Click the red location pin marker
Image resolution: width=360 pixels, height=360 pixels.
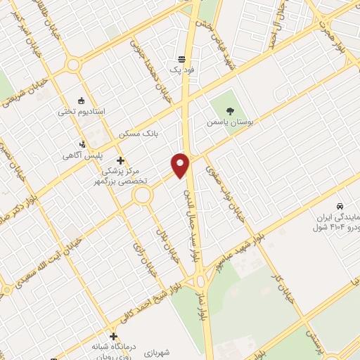pos(181,165)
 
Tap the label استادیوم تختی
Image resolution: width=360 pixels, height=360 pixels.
pos(83,111)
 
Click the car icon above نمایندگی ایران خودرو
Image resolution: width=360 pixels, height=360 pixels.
pos(340,207)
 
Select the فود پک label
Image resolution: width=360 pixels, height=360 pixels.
pos(181,70)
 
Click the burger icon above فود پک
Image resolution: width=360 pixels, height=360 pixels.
pos(181,59)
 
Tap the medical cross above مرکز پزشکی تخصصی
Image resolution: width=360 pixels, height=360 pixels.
pos(120,160)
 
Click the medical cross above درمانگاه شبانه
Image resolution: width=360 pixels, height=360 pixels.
pos(113,336)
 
